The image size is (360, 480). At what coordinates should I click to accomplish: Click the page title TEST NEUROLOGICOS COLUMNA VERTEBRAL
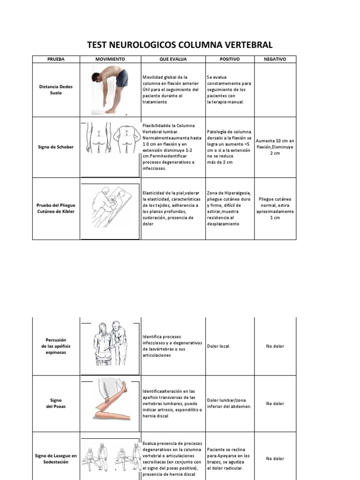click(x=180, y=45)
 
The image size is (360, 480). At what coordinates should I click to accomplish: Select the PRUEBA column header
click(x=56, y=59)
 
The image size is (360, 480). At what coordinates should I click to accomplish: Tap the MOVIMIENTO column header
click(x=110, y=59)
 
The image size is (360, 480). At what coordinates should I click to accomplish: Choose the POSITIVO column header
click(x=230, y=59)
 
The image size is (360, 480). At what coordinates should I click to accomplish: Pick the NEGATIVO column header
click(x=275, y=59)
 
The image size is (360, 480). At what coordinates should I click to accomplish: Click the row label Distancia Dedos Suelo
click(x=56, y=90)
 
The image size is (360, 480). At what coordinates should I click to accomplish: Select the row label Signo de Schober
click(x=56, y=147)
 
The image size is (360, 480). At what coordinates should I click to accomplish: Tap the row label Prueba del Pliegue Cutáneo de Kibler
click(x=56, y=208)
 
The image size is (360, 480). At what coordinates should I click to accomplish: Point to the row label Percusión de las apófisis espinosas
click(x=56, y=346)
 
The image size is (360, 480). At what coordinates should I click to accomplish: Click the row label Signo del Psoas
click(x=56, y=404)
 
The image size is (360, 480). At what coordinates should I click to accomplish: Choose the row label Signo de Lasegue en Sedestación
click(x=56, y=458)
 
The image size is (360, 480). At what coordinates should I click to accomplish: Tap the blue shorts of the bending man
click(x=121, y=78)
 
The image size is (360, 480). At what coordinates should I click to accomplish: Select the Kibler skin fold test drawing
click(x=110, y=208)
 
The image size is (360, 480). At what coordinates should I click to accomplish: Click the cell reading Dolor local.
click(x=218, y=346)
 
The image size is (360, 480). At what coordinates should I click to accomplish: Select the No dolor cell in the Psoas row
click(x=275, y=404)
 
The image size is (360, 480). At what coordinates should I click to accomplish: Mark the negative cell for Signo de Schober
click(x=275, y=147)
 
